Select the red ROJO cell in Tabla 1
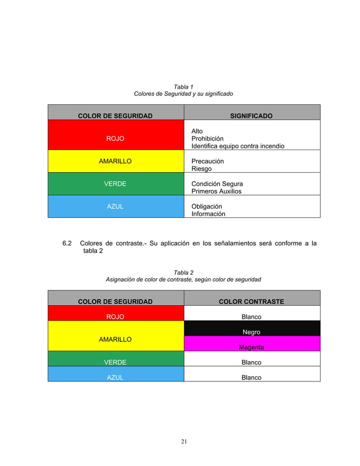(x=116, y=139)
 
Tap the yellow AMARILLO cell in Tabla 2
(x=116, y=340)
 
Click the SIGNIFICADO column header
(x=251, y=116)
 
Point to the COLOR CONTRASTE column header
(x=251, y=302)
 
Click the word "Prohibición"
(x=207, y=139)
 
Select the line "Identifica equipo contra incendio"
(x=238, y=146)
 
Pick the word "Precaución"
(x=208, y=161)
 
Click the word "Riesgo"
(x=201, y=169)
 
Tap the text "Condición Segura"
(x=217, y=184)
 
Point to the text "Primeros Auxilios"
(x=216, y=191)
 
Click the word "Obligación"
(x=207, y=206)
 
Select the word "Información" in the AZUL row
(x=208, y=214)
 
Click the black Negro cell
(x=252, y=332)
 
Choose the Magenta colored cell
(x=252, y=347)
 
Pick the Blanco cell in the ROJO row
(x=252, y=317)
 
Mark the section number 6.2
(x=67, y=244)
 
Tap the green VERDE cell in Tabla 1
(x=116, y=184)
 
